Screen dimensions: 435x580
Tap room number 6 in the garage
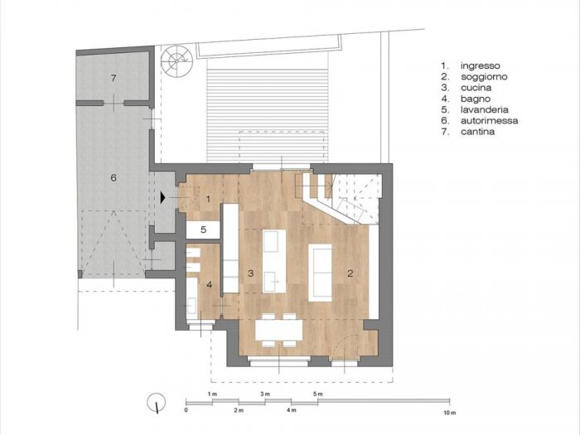(x=114, y=176)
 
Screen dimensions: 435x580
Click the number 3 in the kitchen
(x=249, y=273)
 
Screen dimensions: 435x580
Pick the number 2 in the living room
(x=350, y=273)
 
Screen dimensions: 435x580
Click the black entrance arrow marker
(x=164, y=197)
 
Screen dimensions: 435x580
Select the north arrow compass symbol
(x=153, y=404)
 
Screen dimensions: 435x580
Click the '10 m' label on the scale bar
(x=450, y=411)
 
